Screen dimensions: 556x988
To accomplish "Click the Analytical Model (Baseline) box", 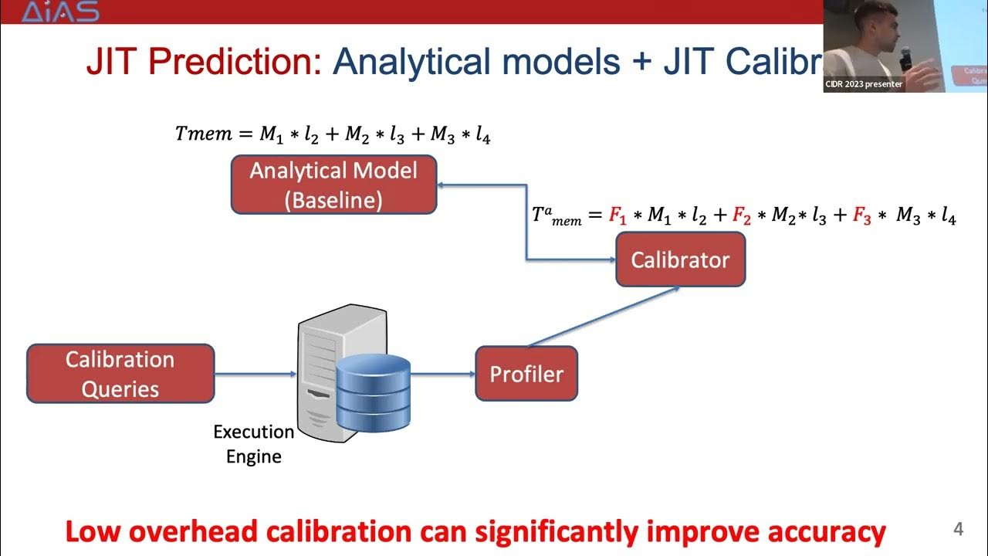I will click(x=333, y=185).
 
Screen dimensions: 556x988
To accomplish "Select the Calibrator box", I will click(x=680, y=259).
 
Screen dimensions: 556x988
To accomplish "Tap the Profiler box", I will click(x=526, y=374).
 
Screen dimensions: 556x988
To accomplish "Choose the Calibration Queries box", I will click(x=120, y=374).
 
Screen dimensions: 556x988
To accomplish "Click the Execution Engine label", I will click(x=253, y=444).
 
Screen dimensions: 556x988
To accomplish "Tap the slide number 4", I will click(x=959, y=530).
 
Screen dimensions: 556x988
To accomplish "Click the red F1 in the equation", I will click(x=617, y=217).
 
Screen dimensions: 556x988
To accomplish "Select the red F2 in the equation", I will click(x=741, y=217).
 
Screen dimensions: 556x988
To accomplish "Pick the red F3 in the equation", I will click(x=862, y=217).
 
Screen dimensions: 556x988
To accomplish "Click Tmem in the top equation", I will click(x=203, y=134).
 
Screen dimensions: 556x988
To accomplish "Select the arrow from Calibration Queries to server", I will click(x=255, y=374).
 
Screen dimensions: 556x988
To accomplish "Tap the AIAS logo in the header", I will click(x=60, y=12).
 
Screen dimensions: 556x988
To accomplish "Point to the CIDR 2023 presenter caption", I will click(x=864, y=84).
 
